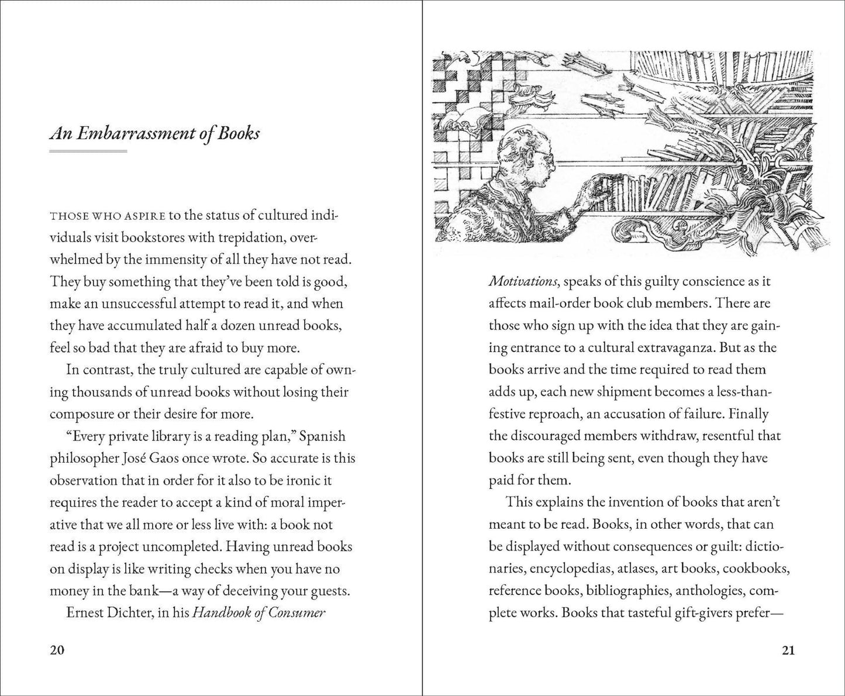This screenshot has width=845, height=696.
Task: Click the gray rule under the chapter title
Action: point(88,151)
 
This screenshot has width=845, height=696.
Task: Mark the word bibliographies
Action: point(628,591)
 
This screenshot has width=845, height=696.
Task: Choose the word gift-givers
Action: point(706,613)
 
